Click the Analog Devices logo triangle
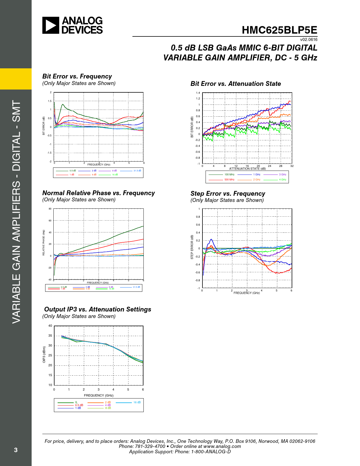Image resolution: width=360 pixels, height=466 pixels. click(51, 25)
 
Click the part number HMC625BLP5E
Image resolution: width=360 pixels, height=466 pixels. click(279, 30)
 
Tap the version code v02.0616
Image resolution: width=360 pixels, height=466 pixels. click(309, 40)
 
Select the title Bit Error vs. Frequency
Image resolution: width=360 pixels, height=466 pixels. click(77, 76)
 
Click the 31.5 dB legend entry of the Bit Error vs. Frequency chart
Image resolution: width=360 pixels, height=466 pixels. click(137, 171)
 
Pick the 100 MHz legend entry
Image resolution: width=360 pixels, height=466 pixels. click(229, 175)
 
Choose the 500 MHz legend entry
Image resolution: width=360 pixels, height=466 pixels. click(229, 180)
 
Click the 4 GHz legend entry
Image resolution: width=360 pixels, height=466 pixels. click(282, 180)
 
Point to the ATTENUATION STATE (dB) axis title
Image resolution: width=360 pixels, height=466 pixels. click(247, 169)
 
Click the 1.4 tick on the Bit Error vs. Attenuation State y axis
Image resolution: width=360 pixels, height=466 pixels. click(198, 93)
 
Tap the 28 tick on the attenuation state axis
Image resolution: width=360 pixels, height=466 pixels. click(281, 166)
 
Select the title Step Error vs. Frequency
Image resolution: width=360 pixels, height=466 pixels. click(228, 193)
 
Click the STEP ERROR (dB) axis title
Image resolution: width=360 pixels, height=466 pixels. click(192, 247)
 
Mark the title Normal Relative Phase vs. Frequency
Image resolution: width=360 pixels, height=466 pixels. click(99, 193)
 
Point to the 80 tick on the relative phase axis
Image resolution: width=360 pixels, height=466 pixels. click(50, 209)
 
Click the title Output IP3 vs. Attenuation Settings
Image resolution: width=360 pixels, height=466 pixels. click(98, 309)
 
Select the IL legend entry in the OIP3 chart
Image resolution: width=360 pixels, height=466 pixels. click(76, 402)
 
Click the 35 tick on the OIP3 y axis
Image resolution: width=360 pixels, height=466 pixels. click(50, 336)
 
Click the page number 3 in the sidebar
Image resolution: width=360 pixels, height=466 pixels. click(16, 450)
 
